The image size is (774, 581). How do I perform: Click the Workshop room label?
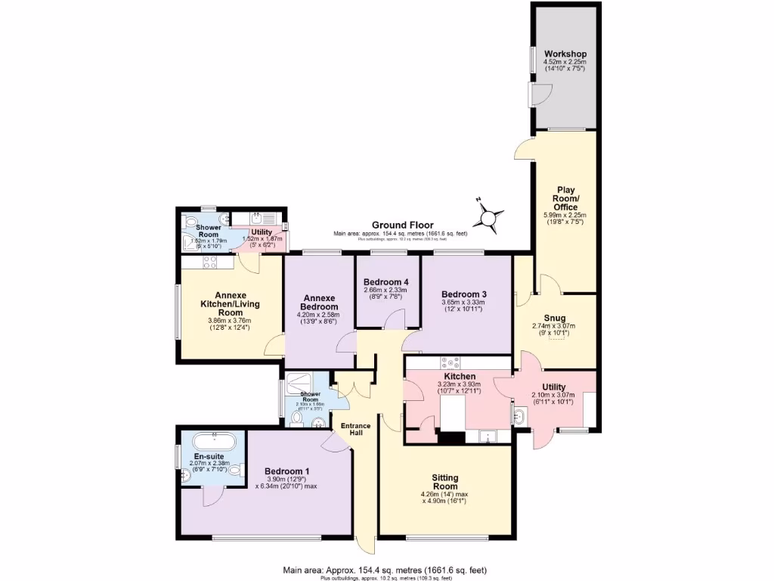click(x=567, y=54)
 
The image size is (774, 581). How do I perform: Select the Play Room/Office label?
click(x=565, y=198)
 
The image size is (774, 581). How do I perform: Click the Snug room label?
click(x=553, y=318)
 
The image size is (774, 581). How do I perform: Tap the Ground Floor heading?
click(x=401, y=225)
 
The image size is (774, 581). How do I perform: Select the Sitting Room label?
click(x=445, y=482)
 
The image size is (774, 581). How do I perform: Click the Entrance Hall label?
click(x=355, y=430)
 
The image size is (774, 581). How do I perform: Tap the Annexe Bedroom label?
click(x=319, y=302)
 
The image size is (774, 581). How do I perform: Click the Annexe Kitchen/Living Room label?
click(x=231, y=303)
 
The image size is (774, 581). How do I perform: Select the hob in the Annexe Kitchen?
click(x=209, y=263)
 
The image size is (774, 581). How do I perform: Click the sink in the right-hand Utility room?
click(x=520, y=415)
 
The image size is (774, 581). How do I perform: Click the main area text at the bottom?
click(x=391, y=570)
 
